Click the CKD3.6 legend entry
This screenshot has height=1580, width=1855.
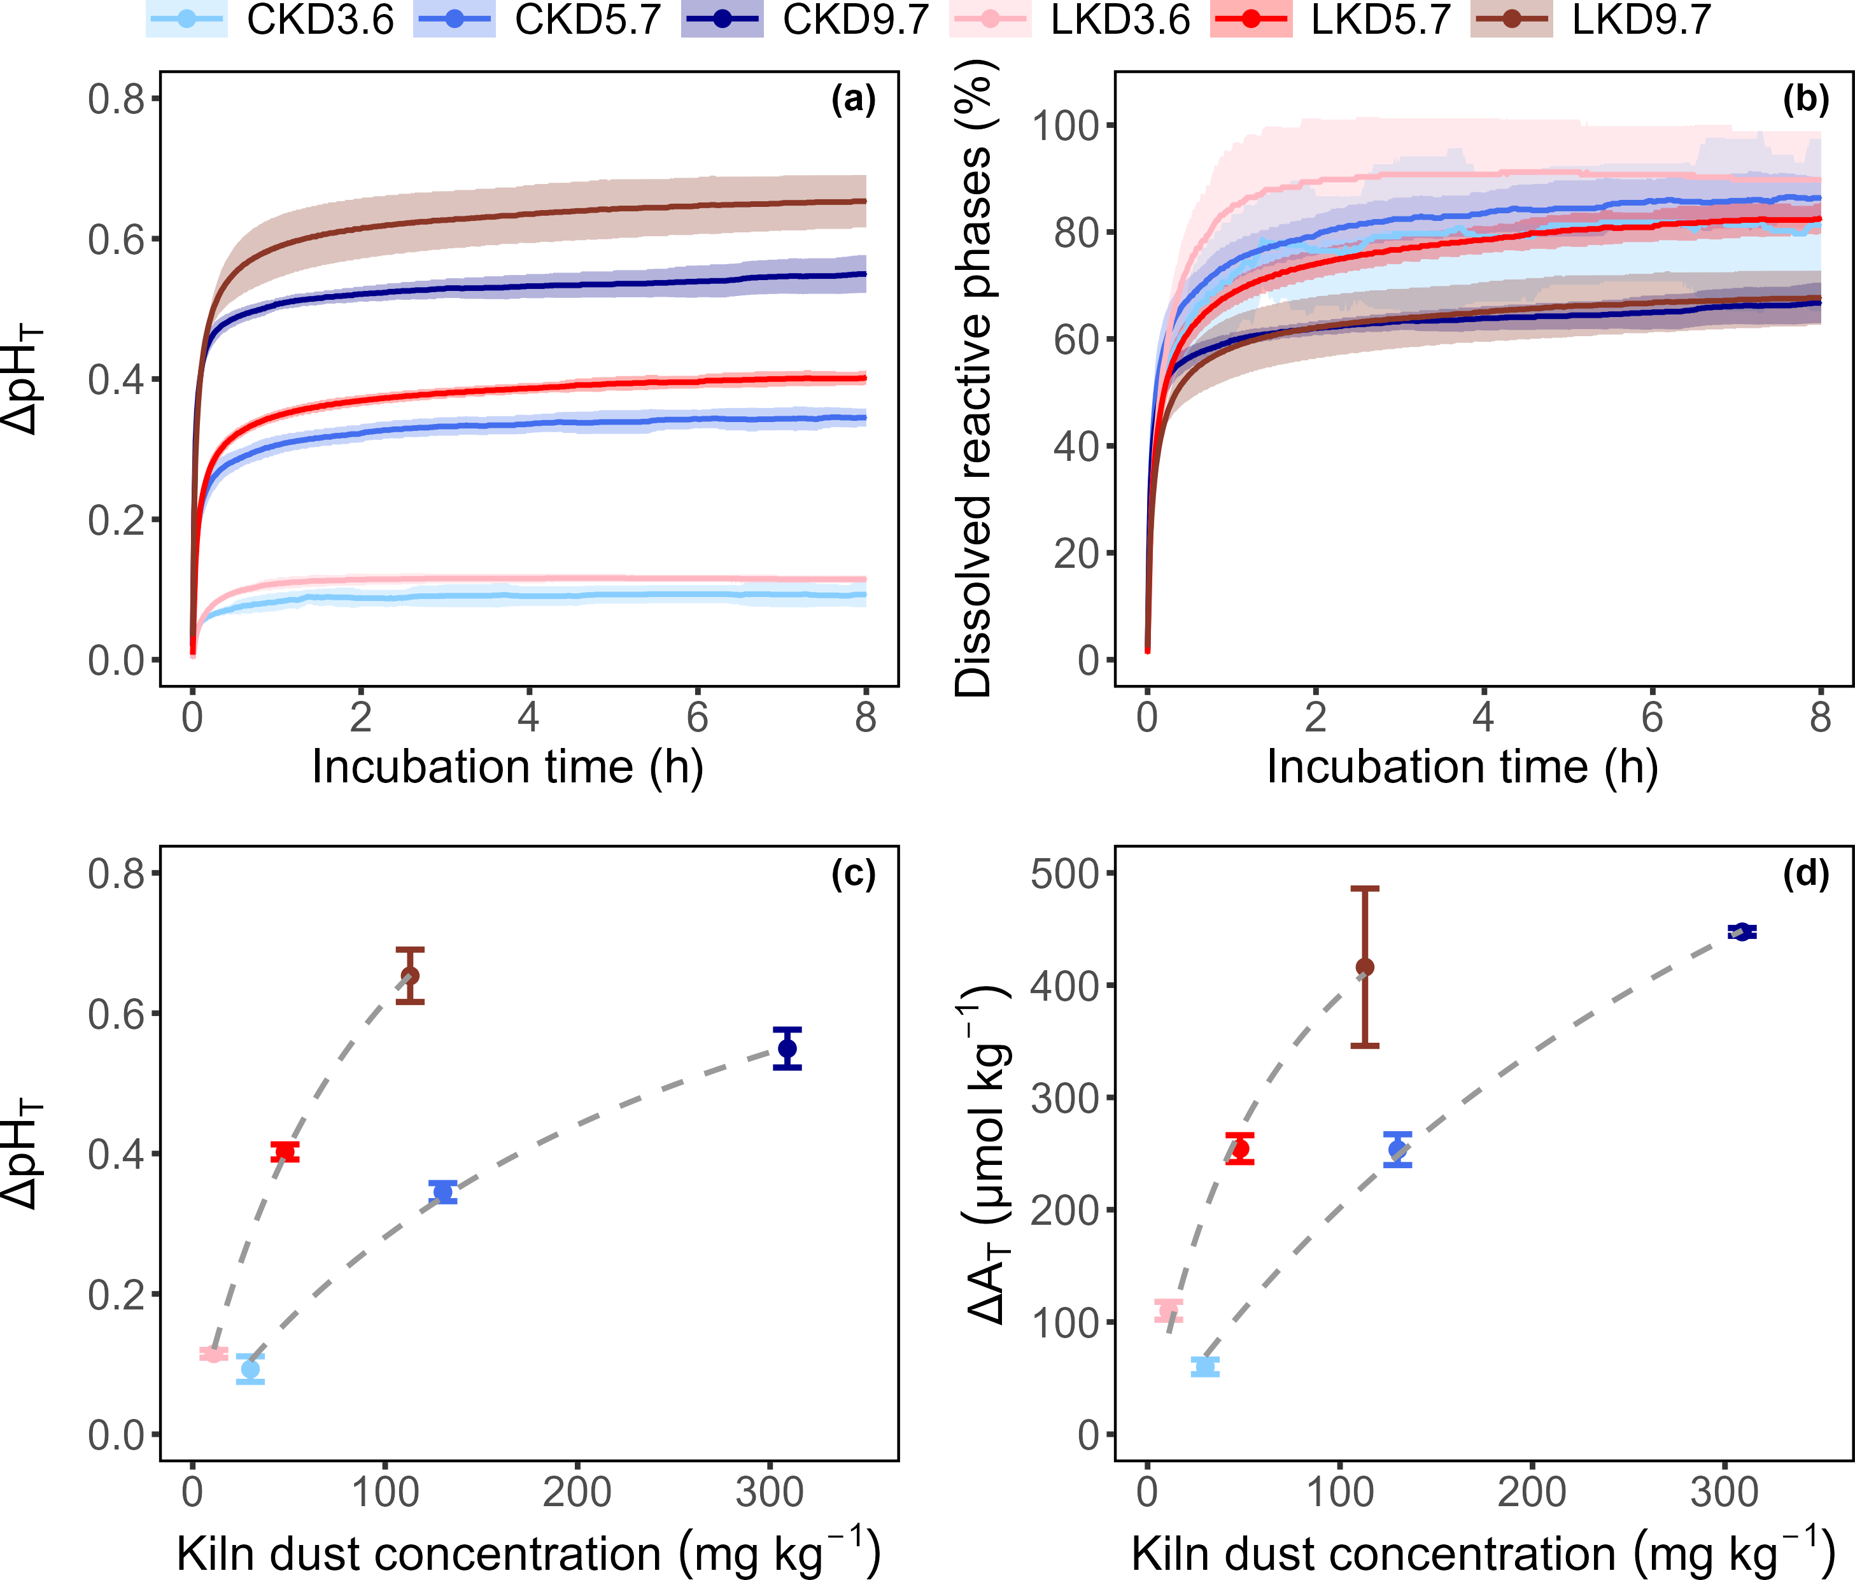pos(269,20)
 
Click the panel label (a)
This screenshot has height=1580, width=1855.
pos(852,99)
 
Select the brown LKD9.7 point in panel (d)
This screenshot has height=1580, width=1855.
pos(1365,967)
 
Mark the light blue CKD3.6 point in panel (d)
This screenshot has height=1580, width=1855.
pos(1205,1366)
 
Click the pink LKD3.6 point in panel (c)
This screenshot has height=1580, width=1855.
pos(213,1353)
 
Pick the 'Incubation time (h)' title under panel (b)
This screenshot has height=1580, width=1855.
pos(1462,767)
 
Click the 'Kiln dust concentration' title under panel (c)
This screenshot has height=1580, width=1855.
pos(528,1553)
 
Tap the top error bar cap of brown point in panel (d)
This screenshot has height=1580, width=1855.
pos(1365,889)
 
